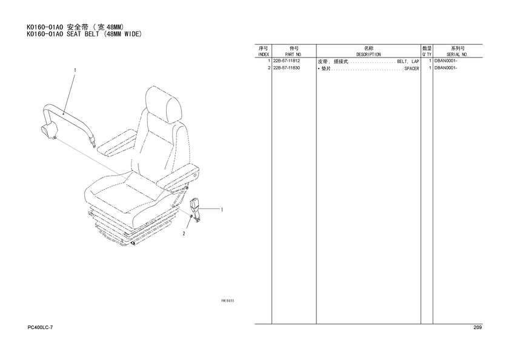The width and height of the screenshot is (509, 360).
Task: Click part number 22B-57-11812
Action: (x=287, y=61)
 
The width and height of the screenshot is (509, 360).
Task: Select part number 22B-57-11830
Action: (x=287, y=68)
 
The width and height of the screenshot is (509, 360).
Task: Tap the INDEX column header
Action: (x=263, y=55)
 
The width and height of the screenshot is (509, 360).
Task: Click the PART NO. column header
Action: (x=294, y=55)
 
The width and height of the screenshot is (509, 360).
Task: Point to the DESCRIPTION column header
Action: (x=368, y=55)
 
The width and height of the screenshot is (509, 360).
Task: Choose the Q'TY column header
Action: (x=427, y=55)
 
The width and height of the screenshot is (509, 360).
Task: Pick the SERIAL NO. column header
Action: (x=457, y=55)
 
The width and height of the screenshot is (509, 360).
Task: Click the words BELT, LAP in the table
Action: (x=408, y=62)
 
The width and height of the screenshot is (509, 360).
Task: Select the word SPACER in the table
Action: (x=411, y=69)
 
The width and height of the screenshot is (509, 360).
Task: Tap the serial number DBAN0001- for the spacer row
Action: (x=446, y=68)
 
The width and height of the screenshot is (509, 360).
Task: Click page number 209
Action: (x=477, y=327)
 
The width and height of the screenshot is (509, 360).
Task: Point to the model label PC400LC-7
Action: (x=40, y=327)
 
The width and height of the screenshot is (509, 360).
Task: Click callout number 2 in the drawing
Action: (x=184, y=234)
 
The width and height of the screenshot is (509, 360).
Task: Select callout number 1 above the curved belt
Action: (x=75, y=70)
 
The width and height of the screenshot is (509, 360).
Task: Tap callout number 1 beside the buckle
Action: (x=222, y=210)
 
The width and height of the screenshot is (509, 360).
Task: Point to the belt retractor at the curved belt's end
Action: (x=48, y=132)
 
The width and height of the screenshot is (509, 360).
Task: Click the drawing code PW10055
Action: (x=228, y=301)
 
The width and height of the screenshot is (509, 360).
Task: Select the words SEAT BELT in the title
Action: (x=83, y=34)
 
